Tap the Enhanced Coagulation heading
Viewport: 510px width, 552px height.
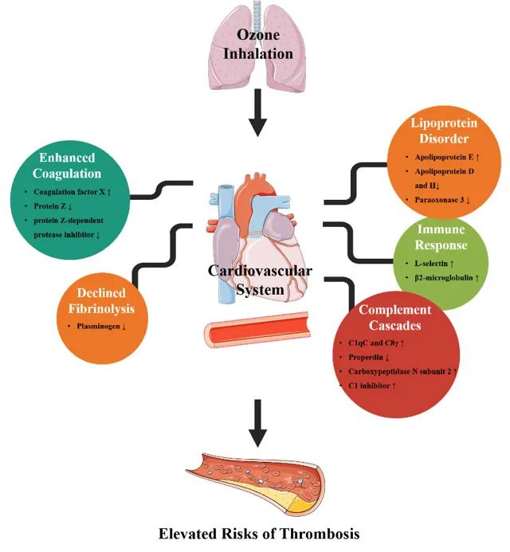point(69,166)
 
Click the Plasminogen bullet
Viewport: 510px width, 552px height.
point(104,327)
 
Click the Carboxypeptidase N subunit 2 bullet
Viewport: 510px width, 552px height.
point(399,371)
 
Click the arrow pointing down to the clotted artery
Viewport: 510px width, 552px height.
point(256,423)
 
